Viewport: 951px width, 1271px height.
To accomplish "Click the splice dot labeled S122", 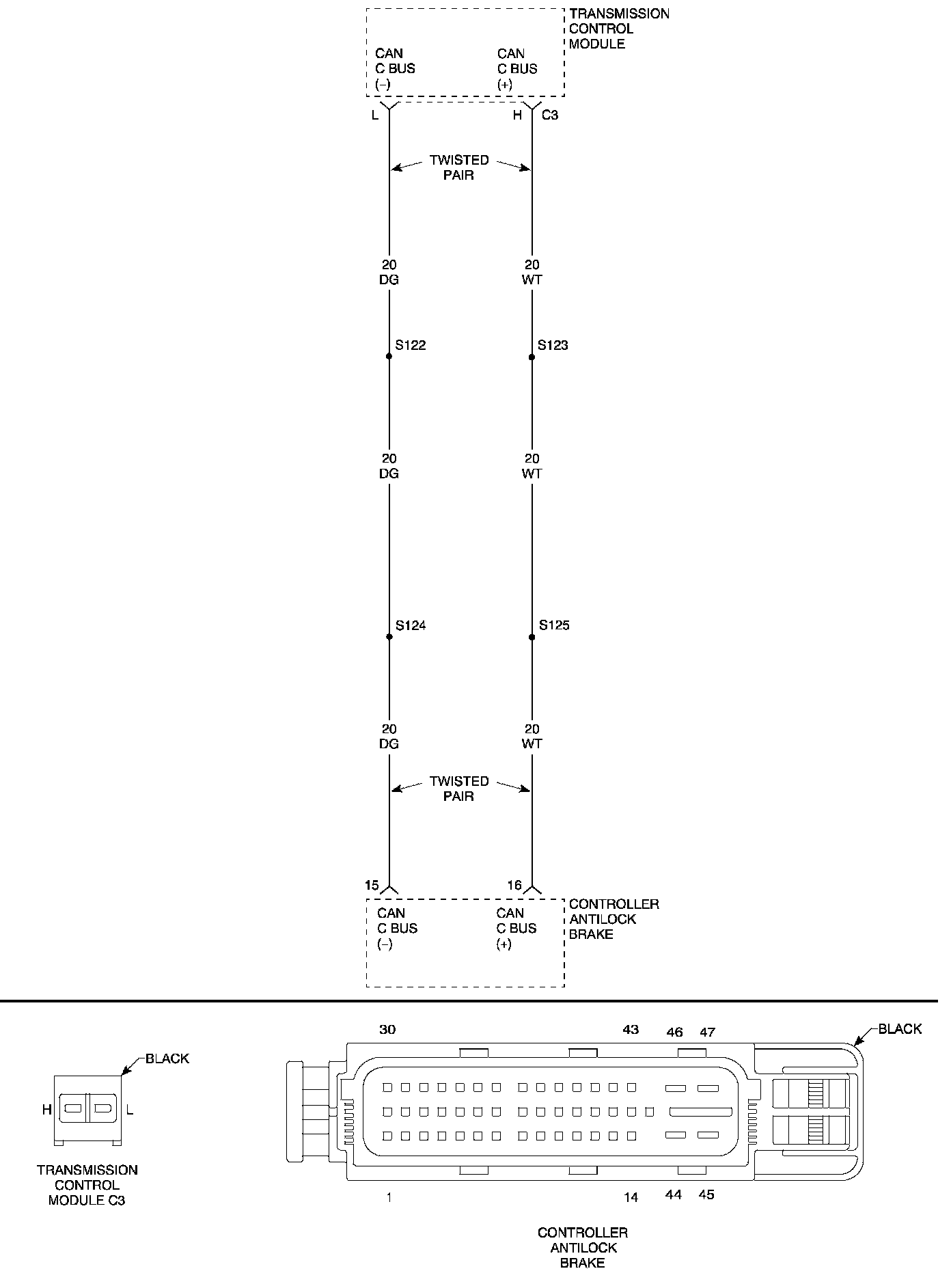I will coord(389,356).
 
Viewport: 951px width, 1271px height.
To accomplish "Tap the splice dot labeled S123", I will coord(532,357).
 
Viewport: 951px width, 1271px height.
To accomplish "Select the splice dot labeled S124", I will coord(389,636).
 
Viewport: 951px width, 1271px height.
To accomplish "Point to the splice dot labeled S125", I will coord(532,637).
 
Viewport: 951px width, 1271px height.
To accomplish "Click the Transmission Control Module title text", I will coord(618,29).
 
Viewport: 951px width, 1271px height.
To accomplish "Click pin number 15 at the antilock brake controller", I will coord(372,885).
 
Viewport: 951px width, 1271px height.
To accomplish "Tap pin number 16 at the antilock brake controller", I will coord(514,885).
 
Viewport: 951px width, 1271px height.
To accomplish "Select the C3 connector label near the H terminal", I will coord(550,115).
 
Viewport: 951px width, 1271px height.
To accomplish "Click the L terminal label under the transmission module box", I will coord(374,115).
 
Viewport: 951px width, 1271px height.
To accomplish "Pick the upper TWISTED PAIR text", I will coord(459,167).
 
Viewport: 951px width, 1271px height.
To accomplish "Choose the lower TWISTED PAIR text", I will coord(459,789).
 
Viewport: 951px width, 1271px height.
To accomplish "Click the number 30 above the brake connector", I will coord(387,1029).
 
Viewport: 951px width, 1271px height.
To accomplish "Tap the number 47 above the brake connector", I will coord(707,1032).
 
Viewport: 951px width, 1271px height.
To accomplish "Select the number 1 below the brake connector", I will coord(389,1197).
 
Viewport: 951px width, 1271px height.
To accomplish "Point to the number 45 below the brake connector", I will coord(706,1194).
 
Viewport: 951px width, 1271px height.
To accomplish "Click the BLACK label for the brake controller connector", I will coord(900,1028).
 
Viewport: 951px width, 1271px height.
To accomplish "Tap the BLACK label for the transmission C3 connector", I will coord(167,1058).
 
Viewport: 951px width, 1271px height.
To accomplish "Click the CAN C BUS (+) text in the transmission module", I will coord(517,69).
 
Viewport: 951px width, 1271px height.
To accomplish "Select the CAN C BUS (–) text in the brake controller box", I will coord(397,928).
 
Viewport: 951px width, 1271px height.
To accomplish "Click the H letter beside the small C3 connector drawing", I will coord(46,1110).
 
